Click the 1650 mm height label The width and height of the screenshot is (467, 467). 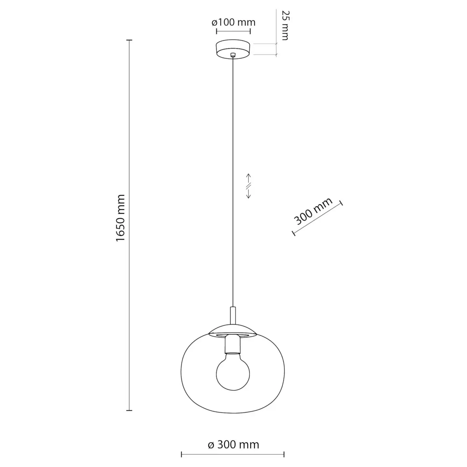(x=120, y=218)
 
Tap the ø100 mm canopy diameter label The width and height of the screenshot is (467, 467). (x=233, y=23)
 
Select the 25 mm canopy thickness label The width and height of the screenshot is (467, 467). (x=285, y=25)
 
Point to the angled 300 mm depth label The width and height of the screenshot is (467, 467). (x=313, y=211)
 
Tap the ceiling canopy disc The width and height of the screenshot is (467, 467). (x=233, y=49)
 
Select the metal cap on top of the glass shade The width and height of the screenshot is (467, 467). (x=233, y=330)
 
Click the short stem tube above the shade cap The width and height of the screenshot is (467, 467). (x=233, y=316)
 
